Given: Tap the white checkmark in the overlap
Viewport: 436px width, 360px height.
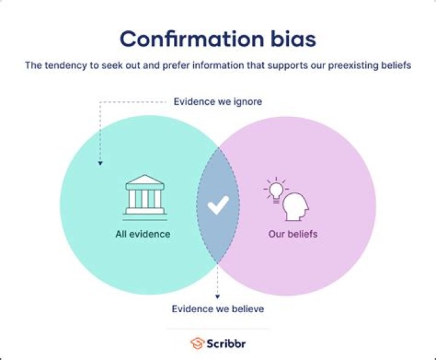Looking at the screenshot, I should tap(218, 207).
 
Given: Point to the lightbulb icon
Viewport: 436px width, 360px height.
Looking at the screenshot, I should tap(276, 188).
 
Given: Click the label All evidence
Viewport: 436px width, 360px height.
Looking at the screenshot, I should tap(143, 234).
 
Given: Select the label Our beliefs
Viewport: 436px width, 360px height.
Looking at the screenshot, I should tap(293, 234).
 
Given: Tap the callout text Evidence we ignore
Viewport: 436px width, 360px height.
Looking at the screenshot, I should tap(218, 102).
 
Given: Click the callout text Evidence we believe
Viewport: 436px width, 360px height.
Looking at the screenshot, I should tap(218, 309).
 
